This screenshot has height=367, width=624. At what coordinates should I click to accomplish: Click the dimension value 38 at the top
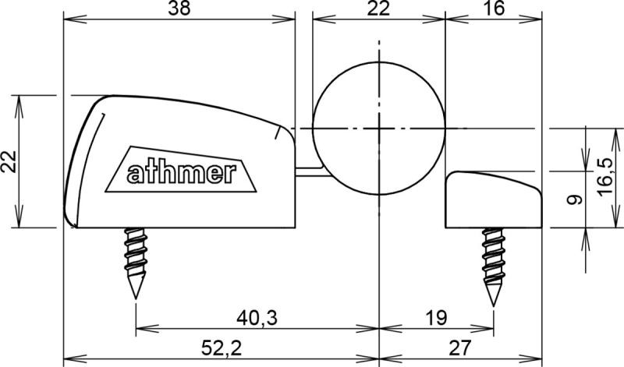coord(179,9)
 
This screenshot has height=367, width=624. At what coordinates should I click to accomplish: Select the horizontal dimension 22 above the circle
coord(378,9)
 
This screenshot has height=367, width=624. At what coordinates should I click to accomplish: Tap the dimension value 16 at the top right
coord(494,9)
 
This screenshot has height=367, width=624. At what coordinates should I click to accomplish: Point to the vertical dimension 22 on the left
coord(9,161)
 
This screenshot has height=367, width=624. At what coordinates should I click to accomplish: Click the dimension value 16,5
coord(604,176)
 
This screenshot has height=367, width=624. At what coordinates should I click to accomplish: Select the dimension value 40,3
coord(257,318)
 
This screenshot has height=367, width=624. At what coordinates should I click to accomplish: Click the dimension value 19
coord(437,318)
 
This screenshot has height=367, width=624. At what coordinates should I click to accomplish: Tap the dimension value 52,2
coord(222,348)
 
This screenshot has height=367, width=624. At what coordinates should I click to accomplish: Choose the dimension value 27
coord(460,348)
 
